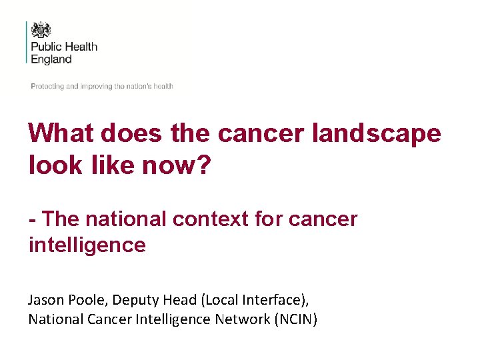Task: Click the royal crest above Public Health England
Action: [41, 30]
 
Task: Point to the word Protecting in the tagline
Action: [47, 87]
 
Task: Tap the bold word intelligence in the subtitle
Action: [87, 245]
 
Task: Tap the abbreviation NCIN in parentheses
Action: [295, 319]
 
